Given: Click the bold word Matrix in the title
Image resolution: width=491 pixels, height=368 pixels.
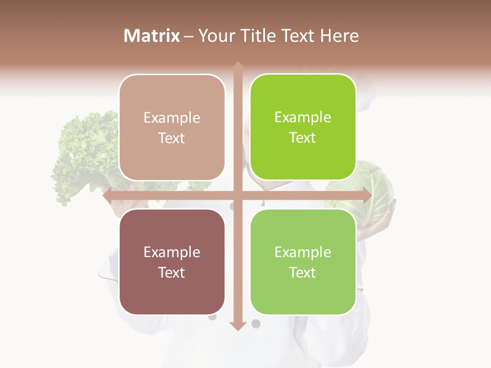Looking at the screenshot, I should point(152,36).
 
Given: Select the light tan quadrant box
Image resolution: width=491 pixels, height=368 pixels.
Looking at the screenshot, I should point(172,127).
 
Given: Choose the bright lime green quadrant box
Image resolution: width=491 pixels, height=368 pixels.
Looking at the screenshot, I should point(303,127).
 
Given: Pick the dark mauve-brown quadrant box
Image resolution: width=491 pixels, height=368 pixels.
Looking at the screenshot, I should point(172,262).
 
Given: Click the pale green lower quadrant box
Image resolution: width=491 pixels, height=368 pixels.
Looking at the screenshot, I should point(303,262).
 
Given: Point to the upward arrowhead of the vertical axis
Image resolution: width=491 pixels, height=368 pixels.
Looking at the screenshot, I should point(237,65).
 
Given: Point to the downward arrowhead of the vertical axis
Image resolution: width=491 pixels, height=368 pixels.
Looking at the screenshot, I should point(237,326).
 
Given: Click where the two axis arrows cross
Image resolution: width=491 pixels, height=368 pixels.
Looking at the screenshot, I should point(237,196).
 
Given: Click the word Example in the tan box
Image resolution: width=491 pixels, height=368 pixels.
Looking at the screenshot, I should point(172,118).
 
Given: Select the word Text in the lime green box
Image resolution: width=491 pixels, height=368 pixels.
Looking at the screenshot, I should point(303,138).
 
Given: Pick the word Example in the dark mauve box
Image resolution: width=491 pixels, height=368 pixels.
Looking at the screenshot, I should point(172,252).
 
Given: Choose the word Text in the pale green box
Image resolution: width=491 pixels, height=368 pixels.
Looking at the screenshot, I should point(303,272).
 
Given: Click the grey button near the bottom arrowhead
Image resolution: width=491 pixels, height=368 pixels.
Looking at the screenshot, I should point(256,323).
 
